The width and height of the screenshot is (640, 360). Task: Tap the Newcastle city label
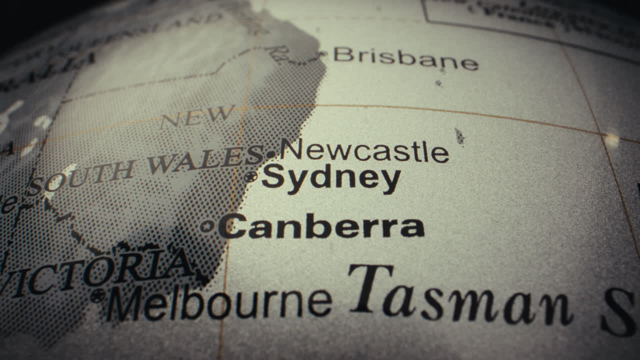click(x=364, y=150)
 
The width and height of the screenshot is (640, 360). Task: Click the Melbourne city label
click(x=219, y=302)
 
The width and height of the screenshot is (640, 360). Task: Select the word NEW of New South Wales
click(x=197, y=117)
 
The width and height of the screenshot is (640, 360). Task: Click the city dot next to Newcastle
click(x=271, y=154)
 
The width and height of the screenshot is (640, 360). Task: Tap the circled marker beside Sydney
click(x=250, y=176)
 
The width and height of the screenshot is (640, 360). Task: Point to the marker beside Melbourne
click(x=97, y=295)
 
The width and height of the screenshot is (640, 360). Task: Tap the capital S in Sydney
click(x=273, y=176)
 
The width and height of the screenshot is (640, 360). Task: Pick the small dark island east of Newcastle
click(x=459, y=136)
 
